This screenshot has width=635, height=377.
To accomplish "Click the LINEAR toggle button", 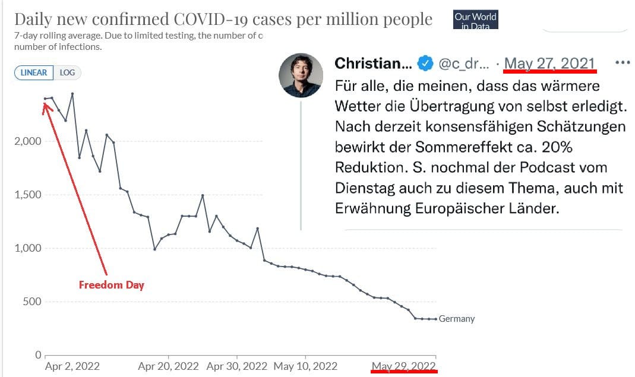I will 34,72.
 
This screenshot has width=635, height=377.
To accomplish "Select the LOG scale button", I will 68,72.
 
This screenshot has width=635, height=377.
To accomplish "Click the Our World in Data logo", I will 475,20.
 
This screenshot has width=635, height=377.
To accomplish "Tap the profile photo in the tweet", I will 301,75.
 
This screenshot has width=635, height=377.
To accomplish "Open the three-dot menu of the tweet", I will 622,62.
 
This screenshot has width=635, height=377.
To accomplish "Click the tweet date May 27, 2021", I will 549,63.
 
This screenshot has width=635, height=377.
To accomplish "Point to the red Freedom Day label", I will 112,285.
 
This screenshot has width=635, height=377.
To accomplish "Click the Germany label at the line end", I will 457,319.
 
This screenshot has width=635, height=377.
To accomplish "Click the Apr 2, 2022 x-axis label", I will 72,366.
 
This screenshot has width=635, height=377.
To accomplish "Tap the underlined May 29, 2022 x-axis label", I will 404,366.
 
